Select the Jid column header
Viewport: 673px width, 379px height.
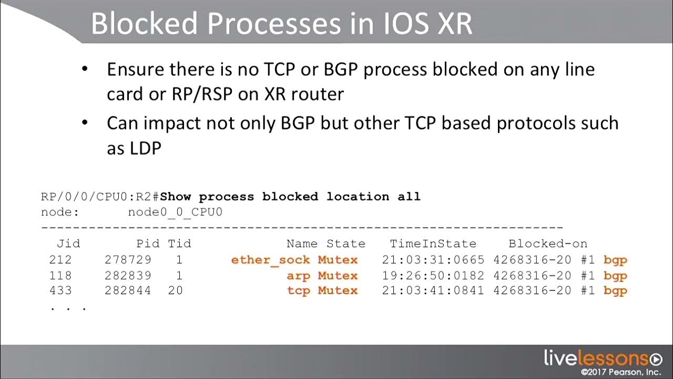(68, 244)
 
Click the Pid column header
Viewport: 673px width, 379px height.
(148, 244)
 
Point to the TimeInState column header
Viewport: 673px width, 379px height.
(433, 244)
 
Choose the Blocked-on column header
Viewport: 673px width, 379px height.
(547, 244)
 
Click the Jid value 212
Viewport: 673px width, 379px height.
(60, 260)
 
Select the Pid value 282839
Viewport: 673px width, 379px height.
(128, 275)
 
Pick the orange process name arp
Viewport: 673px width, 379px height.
(298, 275)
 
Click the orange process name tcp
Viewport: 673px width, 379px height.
(298, 291)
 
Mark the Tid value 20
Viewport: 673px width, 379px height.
(176, 291)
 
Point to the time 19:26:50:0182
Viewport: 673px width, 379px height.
(433, 275)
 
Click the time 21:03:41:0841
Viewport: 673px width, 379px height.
(433, 291)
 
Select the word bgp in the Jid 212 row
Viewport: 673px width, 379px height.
(615, 260)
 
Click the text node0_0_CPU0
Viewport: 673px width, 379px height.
(175, 212)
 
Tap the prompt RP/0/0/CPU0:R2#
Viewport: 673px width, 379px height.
(100, 197)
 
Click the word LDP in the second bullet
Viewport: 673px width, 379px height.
(145, 148)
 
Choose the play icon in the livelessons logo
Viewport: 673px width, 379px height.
(656, 360)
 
